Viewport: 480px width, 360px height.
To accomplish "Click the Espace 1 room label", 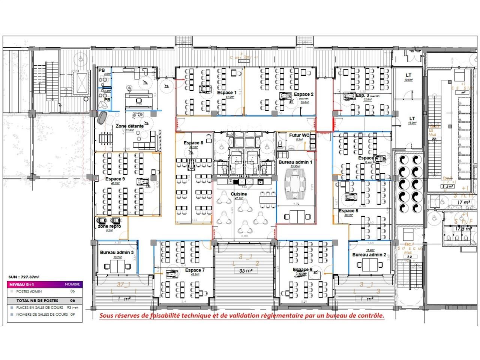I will (x=227, y=92).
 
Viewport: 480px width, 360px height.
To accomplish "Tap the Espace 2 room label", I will (x=304, y=94).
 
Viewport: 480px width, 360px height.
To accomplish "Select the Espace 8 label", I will (x=193, y=143).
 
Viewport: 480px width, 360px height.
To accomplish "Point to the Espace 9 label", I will (x=115, y=179).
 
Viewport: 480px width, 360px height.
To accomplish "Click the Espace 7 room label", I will (x=195, y=270).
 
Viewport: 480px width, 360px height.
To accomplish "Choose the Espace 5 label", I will (x=348, y=211).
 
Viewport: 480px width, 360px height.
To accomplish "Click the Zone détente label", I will (x=129, y=126).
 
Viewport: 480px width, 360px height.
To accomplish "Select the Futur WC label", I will (x=299, y=135).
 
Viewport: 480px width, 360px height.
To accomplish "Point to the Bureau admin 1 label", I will (x=295, y=162).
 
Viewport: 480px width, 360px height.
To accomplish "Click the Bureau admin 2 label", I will (x=369, y=255).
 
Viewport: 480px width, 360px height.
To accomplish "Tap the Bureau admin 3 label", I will (x=117, y=252).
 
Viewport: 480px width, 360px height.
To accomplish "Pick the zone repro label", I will (x=109, y=226).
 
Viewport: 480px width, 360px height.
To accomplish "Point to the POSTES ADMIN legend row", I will (x=29, y=291).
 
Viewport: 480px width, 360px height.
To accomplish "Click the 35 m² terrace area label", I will (x=246, y=270).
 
